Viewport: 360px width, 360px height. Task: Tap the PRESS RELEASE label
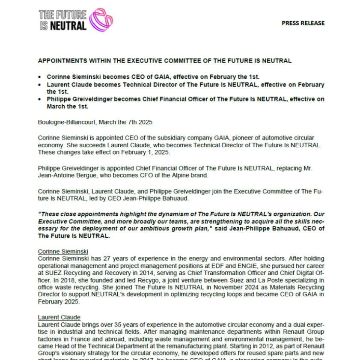pos(303,23)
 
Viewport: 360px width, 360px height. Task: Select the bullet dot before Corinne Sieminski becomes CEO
pos(40,77)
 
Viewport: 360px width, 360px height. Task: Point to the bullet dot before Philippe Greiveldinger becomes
pos(40,99)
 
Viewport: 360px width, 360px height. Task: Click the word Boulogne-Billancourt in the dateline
pos(67,122)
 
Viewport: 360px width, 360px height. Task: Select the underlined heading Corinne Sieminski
pos(63,251)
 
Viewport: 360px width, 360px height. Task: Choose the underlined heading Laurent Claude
pos(59,317)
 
